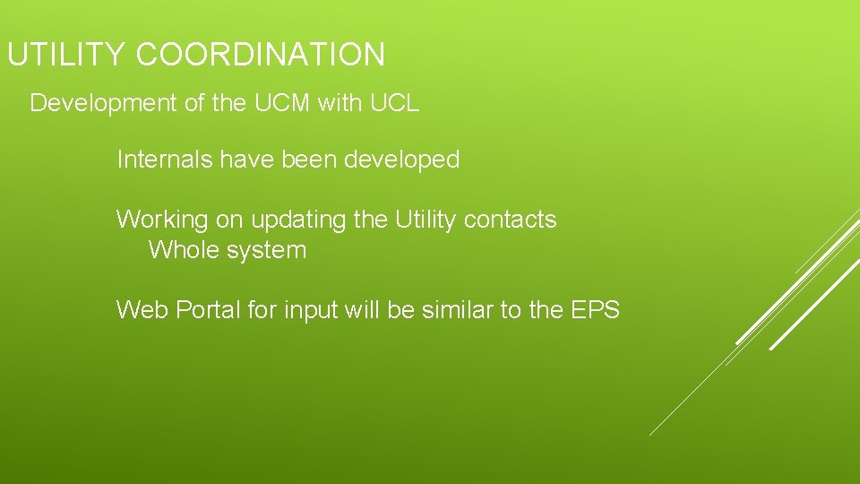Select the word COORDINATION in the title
click(x=261, y=56)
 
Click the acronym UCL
click(x=393, y=104)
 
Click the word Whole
click(x=184, y=250)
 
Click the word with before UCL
click(x=340, y=104)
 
